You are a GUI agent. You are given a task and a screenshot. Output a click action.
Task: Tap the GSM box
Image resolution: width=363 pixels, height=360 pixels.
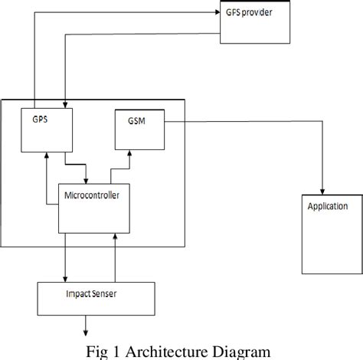[x=138, y=130]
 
